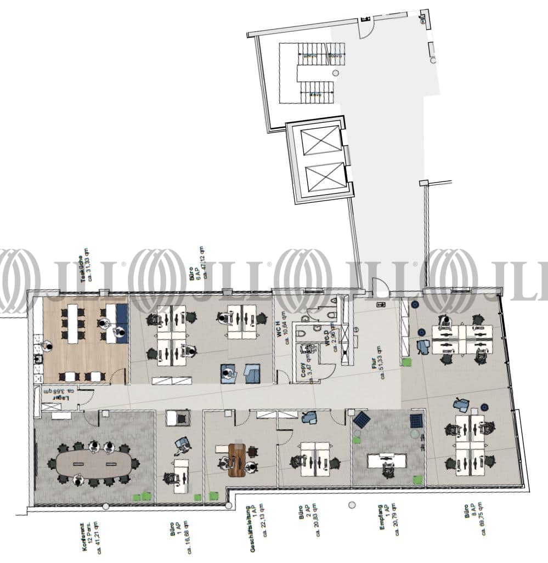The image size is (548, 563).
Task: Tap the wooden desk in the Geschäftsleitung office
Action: pyautogui.click(x=238, y=457)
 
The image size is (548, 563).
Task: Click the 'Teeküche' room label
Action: pyautogui.click(x=84, y=269)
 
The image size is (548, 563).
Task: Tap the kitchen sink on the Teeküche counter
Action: pyautogui.click(x=38, y=359)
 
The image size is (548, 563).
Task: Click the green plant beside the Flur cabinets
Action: pyautogui.click(x=406, y=362)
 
